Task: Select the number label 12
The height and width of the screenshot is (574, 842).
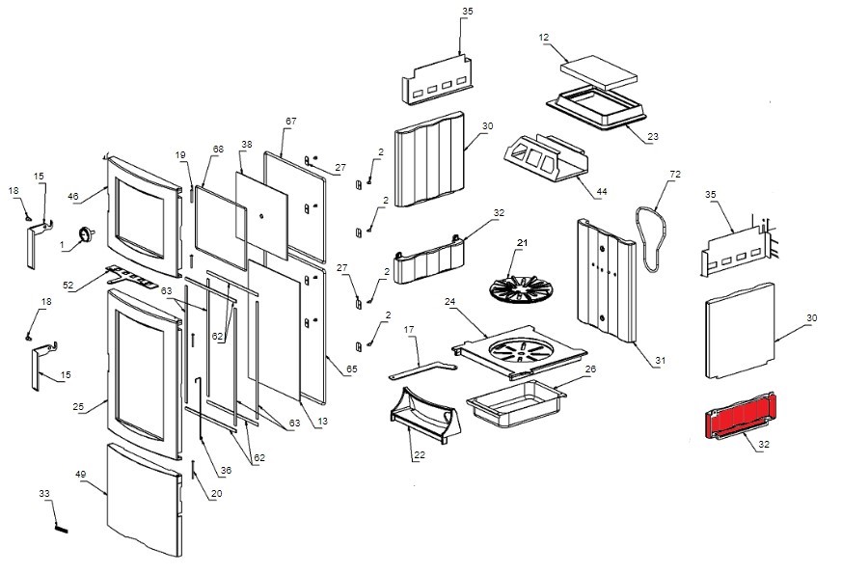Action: pos(544,38)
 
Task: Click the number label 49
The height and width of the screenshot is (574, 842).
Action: pos(81,475)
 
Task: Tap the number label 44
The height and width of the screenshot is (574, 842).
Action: pos(601,193)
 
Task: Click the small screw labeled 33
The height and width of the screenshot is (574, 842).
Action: pos(60,526)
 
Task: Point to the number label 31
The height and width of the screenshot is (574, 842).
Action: pos(661,361)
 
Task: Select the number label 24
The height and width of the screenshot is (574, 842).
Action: pos(449,302)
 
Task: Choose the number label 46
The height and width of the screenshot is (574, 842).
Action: pos(72,196)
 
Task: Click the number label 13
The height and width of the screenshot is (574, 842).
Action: pos(322,421)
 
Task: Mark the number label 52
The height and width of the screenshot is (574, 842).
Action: pos(68,286)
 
